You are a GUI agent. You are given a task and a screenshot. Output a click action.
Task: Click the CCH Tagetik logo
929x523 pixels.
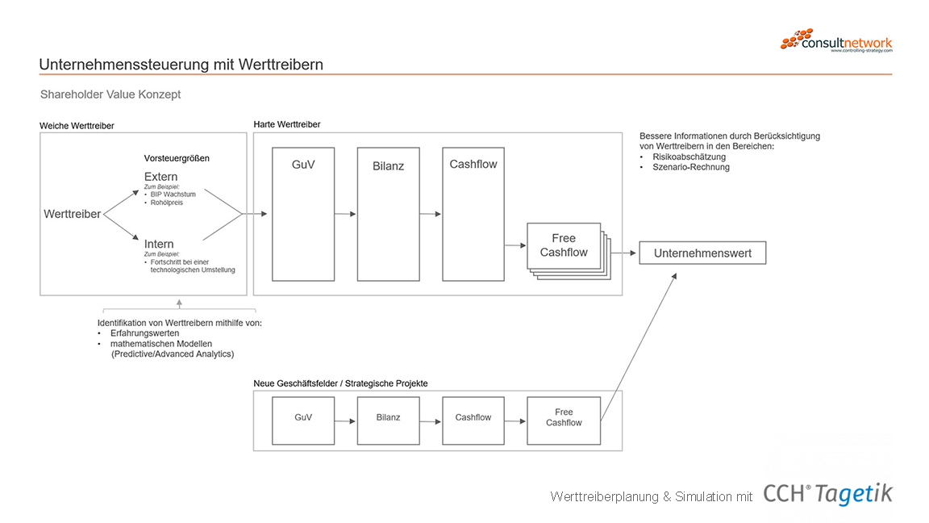827,494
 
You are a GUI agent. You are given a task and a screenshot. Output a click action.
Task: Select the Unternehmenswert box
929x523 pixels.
702,253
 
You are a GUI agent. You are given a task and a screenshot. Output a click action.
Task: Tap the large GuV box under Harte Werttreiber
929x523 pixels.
303,214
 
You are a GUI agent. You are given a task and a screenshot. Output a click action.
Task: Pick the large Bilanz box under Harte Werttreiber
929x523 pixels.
388,214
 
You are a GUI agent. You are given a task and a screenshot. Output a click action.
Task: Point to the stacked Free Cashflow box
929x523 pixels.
564,246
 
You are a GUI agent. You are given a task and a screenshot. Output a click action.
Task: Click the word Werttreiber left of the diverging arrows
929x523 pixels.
73,214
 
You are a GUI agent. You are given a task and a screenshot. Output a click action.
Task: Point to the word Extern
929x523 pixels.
161,177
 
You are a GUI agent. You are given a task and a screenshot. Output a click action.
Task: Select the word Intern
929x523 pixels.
160,244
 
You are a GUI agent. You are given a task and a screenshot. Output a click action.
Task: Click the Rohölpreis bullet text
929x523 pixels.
167,203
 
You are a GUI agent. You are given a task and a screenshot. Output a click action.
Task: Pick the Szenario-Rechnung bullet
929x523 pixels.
691,167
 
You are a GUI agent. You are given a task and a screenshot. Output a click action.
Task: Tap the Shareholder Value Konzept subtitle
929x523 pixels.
110,94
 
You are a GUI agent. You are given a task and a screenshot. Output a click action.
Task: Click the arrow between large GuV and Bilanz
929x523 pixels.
345,214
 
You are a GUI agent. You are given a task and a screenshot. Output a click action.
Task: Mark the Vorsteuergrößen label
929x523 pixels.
177,158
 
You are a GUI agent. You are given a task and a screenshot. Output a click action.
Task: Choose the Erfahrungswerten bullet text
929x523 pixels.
145,333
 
